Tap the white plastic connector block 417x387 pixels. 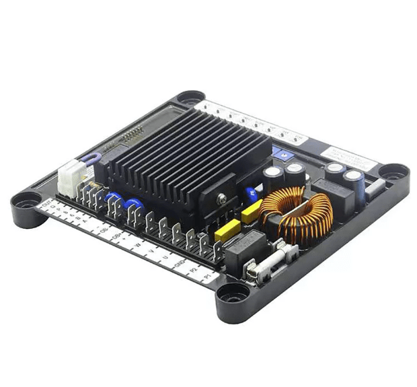tap(70, 177)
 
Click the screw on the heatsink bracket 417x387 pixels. tap(221, 199)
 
